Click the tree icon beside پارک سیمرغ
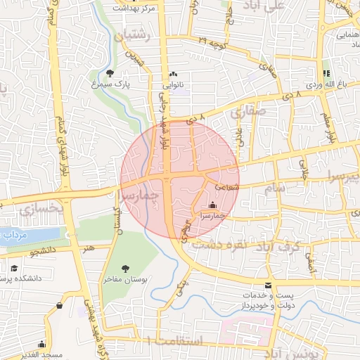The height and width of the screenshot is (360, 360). (x=109, y=73)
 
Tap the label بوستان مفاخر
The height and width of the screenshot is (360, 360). (x=125, y=279)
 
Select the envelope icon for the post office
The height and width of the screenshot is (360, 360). (x=268, y=285)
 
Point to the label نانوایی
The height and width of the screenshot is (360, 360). (x=174, y=84)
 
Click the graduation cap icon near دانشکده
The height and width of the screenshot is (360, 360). (x=14, y=269)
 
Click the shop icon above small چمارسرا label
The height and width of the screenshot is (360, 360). (x=213, y=205)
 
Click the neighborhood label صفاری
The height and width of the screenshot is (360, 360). (x=253, y=110)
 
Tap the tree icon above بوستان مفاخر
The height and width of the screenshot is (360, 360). (x=125, y=269)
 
